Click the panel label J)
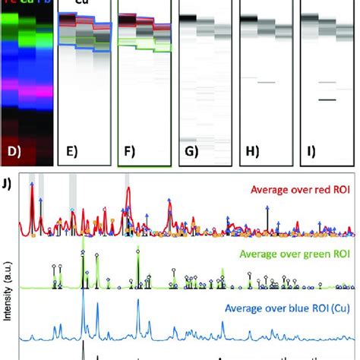coord(8,183)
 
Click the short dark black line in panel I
coord(327,99)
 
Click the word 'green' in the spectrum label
coord(299,251)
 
